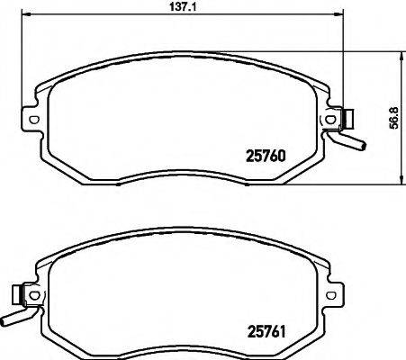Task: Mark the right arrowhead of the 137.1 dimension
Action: tap(340, 14)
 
